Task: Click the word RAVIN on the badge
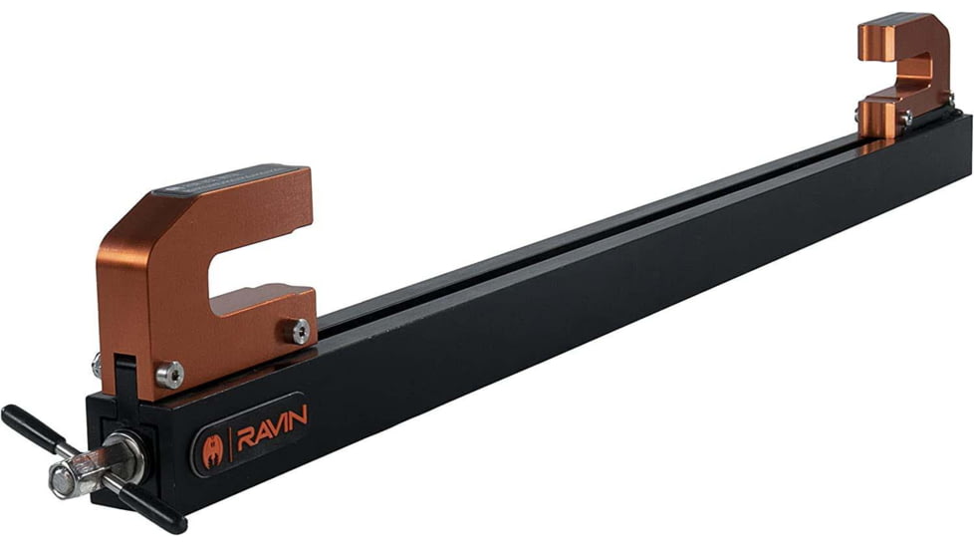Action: pyautogui.click(x=271, y=416)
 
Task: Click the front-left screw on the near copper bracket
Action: pyautogui.click(x=170, y=375)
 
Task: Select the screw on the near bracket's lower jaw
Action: pyautogui.click(x=300, y=331)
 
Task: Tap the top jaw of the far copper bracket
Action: pyautogui.click(x=901, y=35)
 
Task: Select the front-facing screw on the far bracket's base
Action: pyautogui.click(x=905, y=119)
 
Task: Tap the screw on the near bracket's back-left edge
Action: pyautogui.click(x=97, y=363)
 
